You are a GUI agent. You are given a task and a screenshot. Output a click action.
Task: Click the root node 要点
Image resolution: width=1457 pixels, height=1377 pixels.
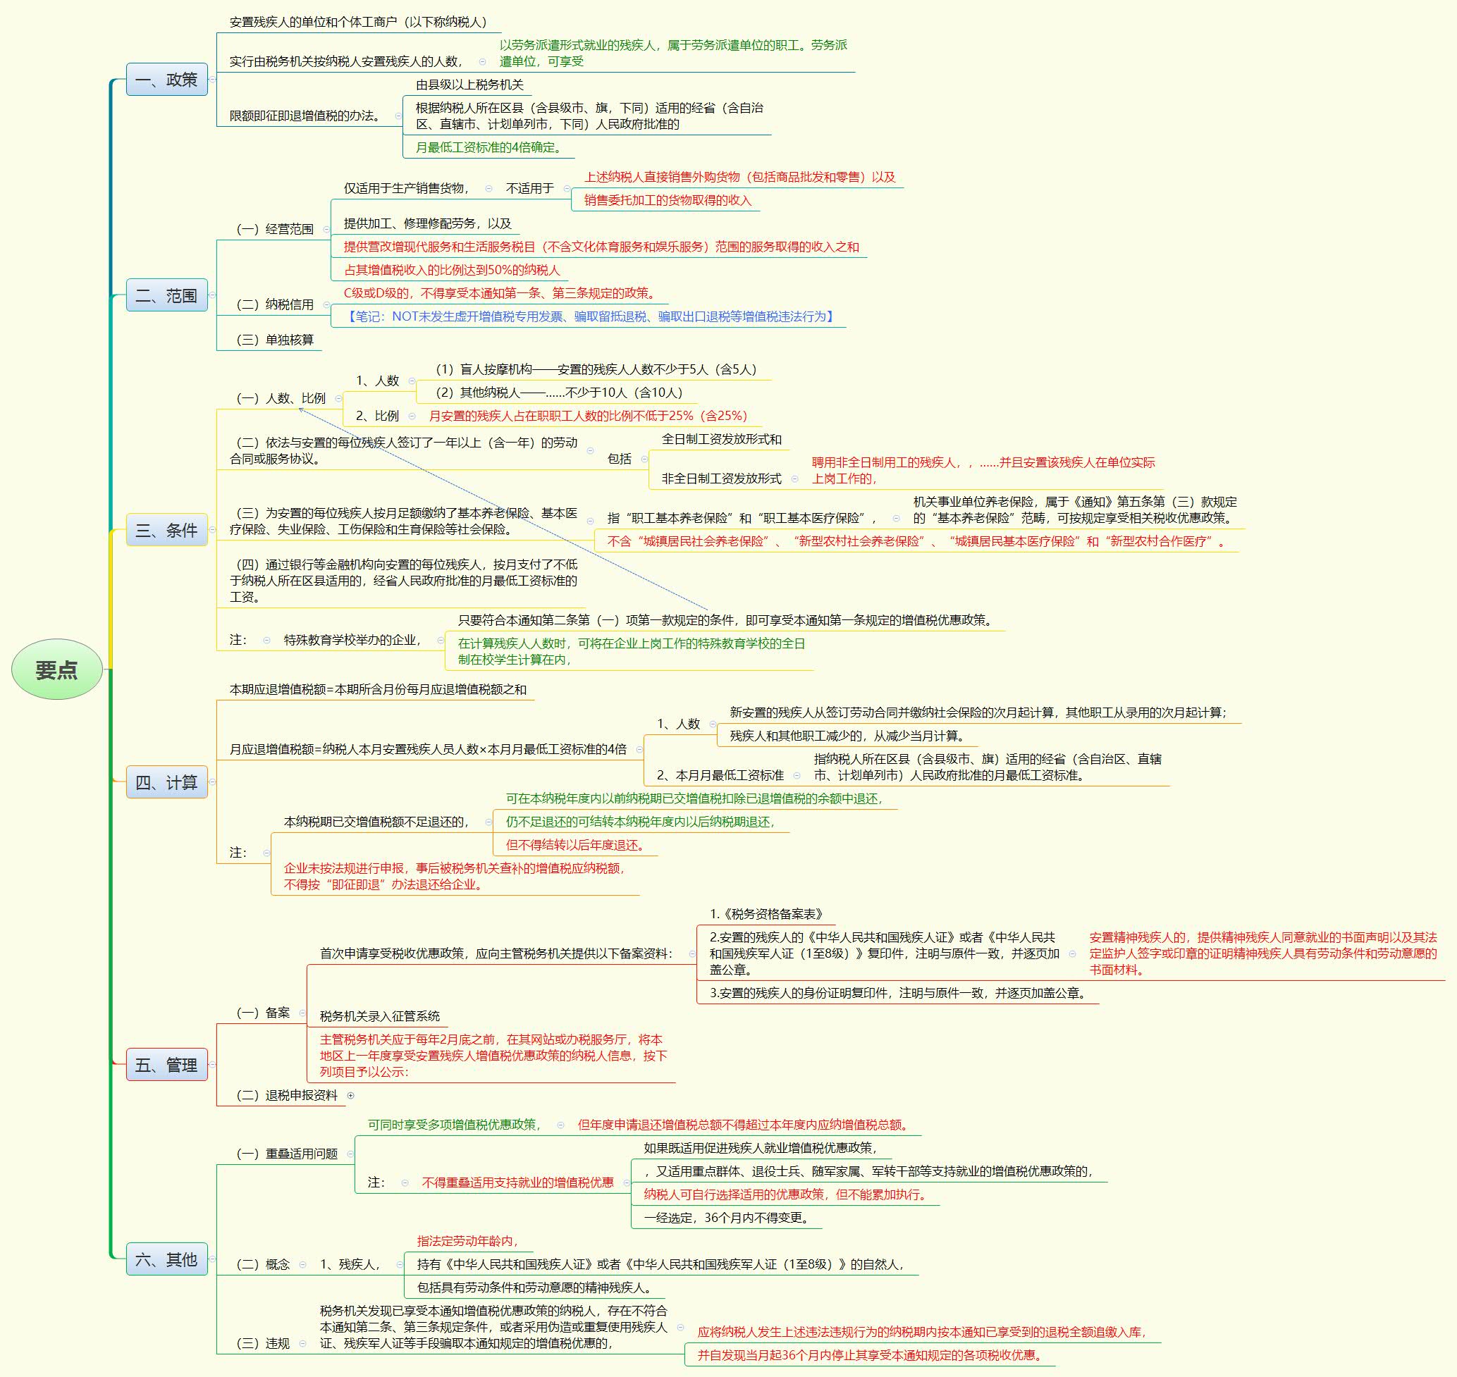(x=57, y=669)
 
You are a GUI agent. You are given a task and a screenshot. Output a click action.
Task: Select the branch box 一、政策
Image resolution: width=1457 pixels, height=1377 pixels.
(x=166, y=79)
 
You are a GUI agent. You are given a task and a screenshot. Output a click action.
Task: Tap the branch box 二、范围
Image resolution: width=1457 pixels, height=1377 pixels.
(x=166, y=295)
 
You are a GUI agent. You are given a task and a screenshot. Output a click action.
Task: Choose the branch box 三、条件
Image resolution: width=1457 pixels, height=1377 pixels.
(x=166, y=530)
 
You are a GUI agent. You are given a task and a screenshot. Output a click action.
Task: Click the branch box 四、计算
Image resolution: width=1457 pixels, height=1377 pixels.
(x=166, y=782)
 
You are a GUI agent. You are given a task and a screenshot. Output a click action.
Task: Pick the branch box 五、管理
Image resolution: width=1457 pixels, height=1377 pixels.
(x=166, y=1064)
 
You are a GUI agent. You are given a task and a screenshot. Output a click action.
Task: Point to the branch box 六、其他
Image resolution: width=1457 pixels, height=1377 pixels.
(x=166, y=1259)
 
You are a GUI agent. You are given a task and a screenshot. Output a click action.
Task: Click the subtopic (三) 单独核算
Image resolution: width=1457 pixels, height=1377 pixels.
(x=274, y=340)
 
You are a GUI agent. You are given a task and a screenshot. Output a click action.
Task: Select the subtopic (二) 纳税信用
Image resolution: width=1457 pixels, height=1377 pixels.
(x=274, y=304)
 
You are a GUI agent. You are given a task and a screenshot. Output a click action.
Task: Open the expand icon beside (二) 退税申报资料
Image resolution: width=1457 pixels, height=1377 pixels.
(x=351, y=1095)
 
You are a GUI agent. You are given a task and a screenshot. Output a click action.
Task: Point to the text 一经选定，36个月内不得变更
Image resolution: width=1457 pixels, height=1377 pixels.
(x=728, y=1218)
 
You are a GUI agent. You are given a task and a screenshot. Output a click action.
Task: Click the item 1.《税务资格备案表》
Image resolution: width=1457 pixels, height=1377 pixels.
(x=767, y=914)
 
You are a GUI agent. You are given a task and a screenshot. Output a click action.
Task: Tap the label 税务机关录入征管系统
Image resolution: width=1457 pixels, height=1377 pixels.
(x=379, y=1016)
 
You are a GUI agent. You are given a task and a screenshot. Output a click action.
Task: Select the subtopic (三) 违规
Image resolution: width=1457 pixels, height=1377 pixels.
(x=263, y=1343)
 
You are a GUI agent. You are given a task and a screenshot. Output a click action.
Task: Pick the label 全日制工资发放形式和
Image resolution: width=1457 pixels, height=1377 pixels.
(x=722, y=439)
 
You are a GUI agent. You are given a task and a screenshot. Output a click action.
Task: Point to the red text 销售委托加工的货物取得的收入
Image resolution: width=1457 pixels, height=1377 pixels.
(x=668, y=200)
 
